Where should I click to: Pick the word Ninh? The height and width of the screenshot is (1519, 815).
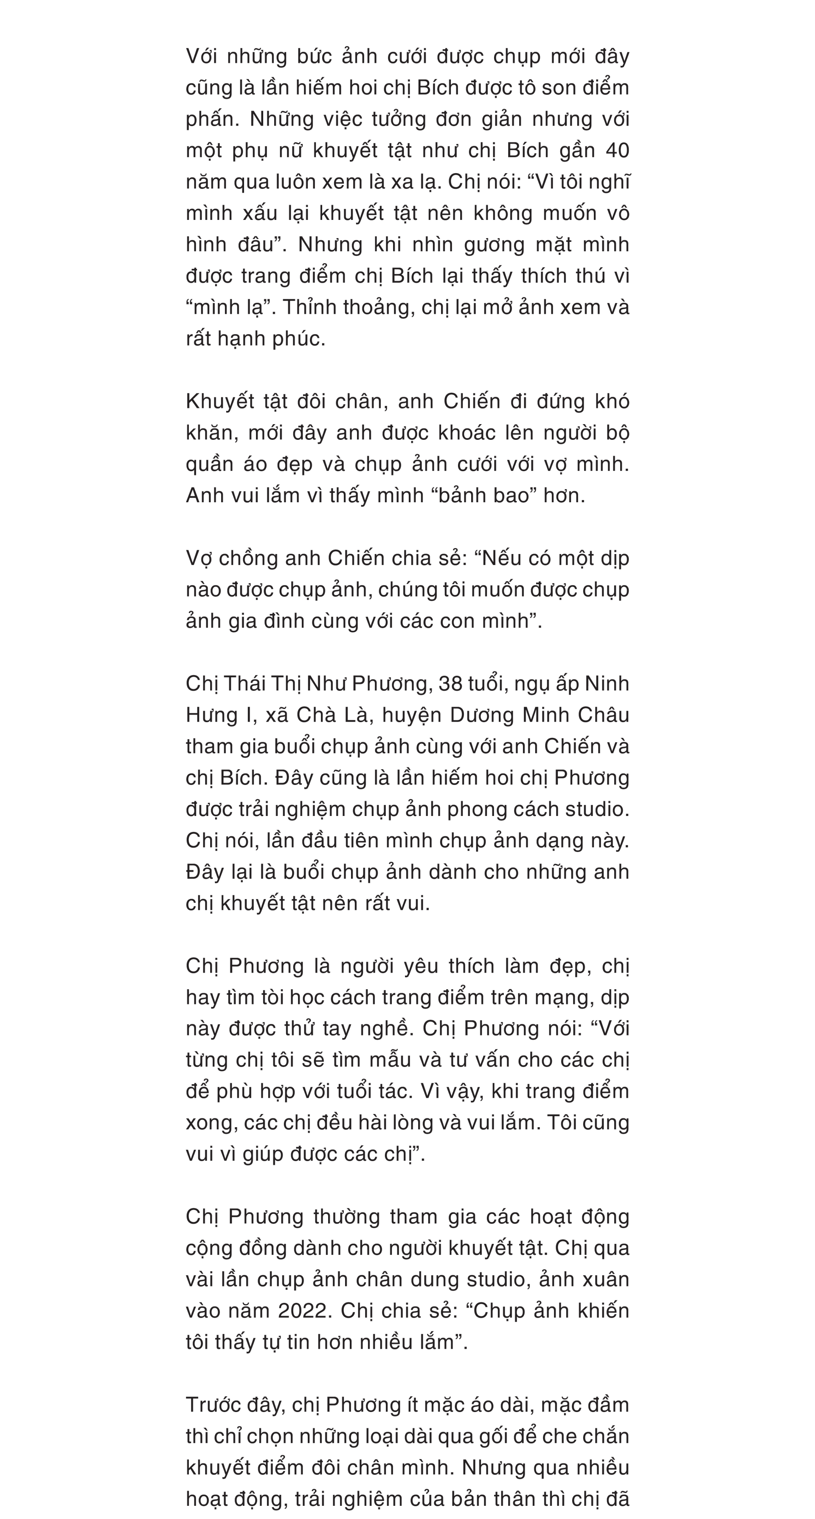point(607,684)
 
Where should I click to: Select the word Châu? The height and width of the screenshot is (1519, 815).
point(604,714)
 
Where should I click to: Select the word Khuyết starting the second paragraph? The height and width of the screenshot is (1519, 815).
point(218,402)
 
